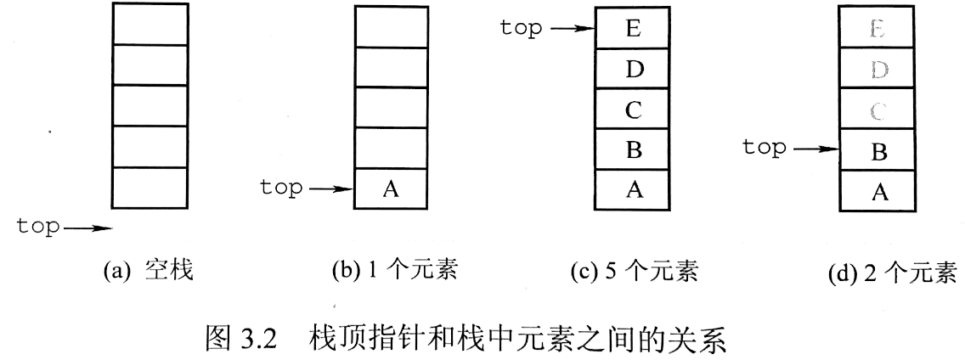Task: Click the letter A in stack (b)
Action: tap(390, 189)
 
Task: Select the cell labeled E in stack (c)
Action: tap(632, 28)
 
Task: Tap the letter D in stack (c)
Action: tap(634, 69)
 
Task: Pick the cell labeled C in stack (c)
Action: tap(632, 109)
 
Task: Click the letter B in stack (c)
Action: tap(634, 149)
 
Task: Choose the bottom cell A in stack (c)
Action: tap(632, 190)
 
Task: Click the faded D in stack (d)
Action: tap(879, 70)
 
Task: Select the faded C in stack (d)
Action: tap(879, 110)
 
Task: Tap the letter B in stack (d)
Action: tap(879, 151)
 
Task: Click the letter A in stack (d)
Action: tap(880, 193)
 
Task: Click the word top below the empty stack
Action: tap(38, 227)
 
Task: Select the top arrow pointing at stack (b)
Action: tap(331, 189)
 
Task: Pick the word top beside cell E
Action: tap(522, 28)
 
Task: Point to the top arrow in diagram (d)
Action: tap(816, 149)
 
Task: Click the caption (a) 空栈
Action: tap(149, 270)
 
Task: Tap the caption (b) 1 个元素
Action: tap(394, 270)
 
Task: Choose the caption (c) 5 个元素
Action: tap(635, 271)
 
